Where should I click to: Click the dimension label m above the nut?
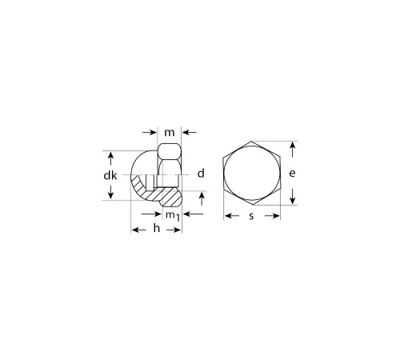170,132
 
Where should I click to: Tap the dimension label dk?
110,175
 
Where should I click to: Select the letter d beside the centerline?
201,174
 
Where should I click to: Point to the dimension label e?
292,174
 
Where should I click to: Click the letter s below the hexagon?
251,216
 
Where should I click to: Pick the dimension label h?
157,228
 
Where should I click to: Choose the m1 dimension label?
173,215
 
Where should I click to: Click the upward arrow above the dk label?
111,158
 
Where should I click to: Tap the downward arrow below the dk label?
111,192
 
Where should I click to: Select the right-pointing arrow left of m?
149,132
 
